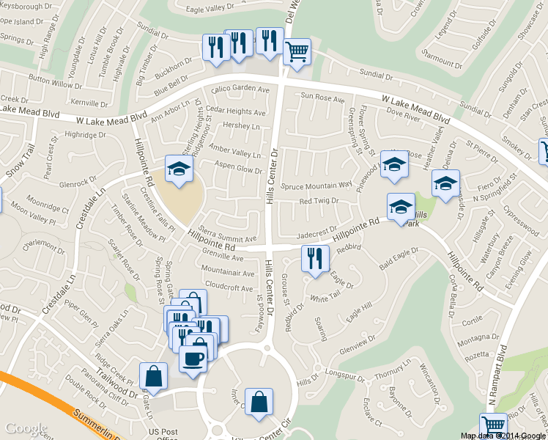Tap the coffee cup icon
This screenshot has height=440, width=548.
(193, 359)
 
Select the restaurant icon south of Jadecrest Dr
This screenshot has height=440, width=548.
(315, 259)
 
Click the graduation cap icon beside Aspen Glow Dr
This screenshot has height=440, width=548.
(178, 169)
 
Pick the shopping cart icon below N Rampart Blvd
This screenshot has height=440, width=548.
(493, 425)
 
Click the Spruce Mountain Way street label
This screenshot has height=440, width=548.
(316, 185)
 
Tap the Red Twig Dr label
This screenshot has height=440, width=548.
(319, 201)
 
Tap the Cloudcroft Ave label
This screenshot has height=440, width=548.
(229, 288)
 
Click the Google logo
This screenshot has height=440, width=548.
(26, 429)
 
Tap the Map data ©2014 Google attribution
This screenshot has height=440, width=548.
(503, 436)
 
